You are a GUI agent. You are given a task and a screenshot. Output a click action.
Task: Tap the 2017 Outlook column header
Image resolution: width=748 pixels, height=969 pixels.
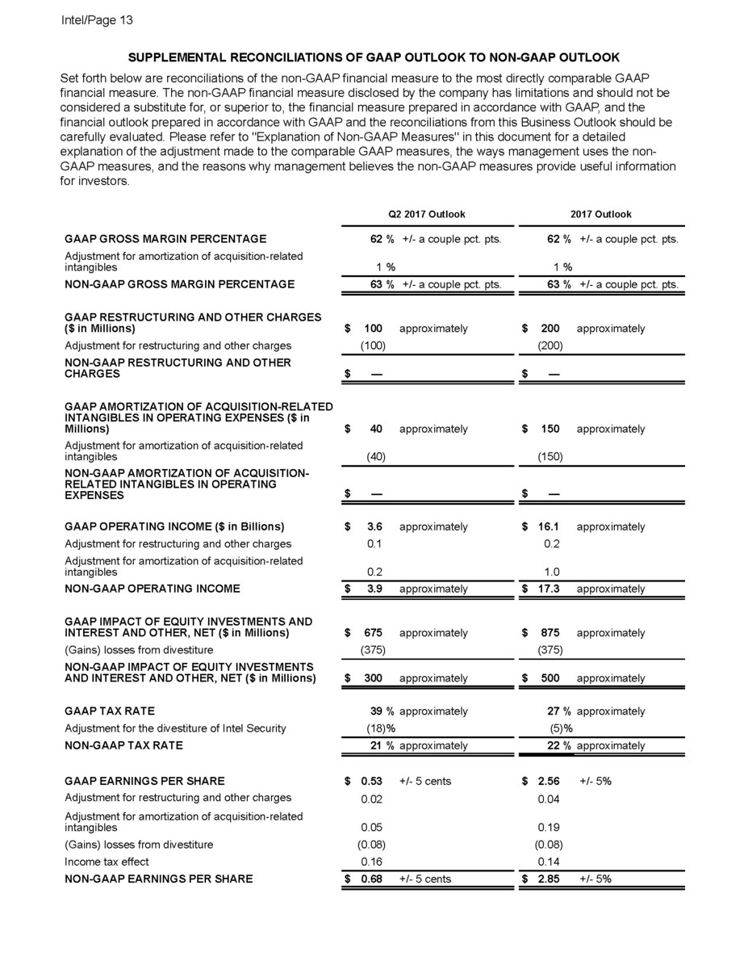click(x=601, y=214)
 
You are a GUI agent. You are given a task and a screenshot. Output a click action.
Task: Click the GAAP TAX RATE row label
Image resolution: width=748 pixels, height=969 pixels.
click(x=105, y=711)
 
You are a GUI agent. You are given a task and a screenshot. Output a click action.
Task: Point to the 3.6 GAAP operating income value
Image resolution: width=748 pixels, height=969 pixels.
click(x=372, y=527)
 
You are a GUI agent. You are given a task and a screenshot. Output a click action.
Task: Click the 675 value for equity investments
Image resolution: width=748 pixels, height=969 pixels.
click(x=372, y=633)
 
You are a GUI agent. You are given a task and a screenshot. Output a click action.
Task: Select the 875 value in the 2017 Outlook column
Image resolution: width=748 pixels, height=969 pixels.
click(x=550, y=633)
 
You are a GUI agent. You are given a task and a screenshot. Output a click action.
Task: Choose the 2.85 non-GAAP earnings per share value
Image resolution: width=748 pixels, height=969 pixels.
click(x=549, y=879)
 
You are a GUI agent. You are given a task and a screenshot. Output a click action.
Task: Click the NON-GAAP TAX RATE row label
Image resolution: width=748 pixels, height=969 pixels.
click(x=123, y=745)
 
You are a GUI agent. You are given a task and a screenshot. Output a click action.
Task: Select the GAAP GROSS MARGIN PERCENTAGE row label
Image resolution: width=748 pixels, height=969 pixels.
click(x=165, y=239)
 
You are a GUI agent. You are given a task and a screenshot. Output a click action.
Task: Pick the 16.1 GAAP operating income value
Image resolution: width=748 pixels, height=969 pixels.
click(x=549, y=527)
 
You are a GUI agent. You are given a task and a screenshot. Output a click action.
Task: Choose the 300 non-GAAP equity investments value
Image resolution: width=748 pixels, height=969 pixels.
click(x=372, y=678)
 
